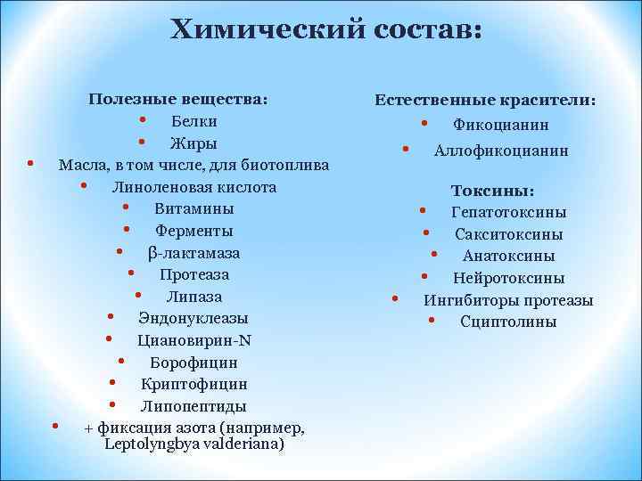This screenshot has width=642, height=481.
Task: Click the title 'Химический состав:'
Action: [325, 29]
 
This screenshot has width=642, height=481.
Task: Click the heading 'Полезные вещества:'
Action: [178, 99]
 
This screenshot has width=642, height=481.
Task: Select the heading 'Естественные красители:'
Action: [485, 101]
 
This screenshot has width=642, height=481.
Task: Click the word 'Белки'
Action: [193, 121]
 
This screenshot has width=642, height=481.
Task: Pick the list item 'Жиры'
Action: [193, 143]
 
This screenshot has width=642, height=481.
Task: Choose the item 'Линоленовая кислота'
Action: [193, 187]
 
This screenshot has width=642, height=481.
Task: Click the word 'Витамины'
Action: [193, 209]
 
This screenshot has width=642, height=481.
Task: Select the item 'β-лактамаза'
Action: [193, 253]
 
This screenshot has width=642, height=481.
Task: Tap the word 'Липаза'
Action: [193, 297]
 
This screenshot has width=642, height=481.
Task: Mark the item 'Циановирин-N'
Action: [193, 340]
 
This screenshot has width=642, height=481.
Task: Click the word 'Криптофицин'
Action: [193, 384]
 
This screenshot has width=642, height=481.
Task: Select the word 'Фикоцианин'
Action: [501, 126]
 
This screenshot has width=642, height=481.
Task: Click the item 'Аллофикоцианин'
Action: [501, 151]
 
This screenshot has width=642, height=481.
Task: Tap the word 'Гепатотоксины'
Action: [508, 213]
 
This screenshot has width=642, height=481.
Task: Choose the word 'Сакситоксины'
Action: [508, 235]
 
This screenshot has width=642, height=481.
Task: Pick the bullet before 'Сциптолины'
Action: [431, 320]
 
